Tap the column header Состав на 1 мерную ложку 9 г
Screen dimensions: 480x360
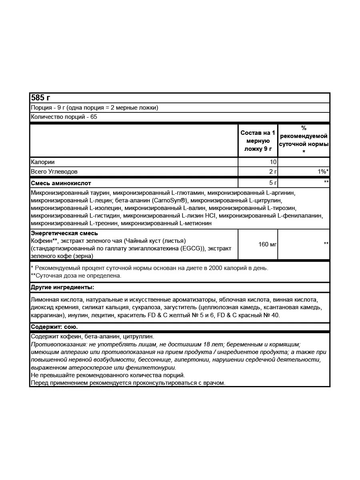(x=258, y=141)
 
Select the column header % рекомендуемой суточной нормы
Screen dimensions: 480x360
(x=304, y=140)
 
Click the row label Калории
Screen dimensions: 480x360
(x=42, y=162)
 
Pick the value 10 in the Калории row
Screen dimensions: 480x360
(x=273, y=162)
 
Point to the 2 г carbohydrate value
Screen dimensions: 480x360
(x=273, y=172)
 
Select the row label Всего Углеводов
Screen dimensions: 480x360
(x=54, y=172)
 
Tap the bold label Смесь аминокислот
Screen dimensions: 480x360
(x=61, y=183)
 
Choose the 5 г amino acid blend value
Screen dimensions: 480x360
(x=273, y=183)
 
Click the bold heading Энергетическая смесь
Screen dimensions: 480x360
(x=64, y=233)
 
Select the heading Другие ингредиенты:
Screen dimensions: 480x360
(x=62, y=287)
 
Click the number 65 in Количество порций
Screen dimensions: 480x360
(x=94, y=117)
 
